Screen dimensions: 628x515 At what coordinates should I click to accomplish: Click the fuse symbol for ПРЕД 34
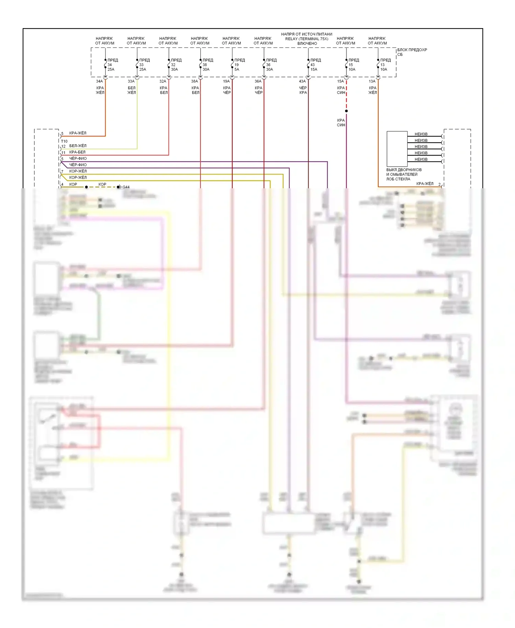click(x=105, y=65)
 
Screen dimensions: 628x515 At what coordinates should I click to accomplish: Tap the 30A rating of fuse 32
click(x=174, y=69)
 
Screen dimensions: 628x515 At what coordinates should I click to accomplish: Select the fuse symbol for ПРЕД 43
click(x=308, y=65)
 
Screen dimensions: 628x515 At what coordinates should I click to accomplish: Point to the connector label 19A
click(x=226, y=81)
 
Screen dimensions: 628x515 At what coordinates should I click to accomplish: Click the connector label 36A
click(x=258, y=81)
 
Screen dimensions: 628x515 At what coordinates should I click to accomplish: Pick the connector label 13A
click(x=372, y=81)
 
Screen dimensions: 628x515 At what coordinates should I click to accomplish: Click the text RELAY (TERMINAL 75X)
click(x=307, y=39)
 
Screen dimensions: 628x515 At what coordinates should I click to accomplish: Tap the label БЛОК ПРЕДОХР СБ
click(x=412, y=52)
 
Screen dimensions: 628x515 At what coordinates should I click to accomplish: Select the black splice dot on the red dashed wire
click(x=346, y=111)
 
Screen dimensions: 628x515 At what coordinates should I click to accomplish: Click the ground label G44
click(x=126, y=187)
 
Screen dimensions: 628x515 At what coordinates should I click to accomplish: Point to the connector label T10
click(x=64, y=141)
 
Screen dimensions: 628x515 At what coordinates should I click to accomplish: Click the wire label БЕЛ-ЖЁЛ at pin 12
click(x=78, y=146)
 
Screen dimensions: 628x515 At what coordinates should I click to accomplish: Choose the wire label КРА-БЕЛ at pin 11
click(x=77, y=152)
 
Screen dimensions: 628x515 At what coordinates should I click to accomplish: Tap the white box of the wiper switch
click(x=397, y=149)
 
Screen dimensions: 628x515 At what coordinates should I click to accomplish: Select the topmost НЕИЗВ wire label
click(x=421, y=134)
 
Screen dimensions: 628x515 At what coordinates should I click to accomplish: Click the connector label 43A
click(x=302, y=81)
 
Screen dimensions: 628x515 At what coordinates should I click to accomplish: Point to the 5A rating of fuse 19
click(x=237, y=69)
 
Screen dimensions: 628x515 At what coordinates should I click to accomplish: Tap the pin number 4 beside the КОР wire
click(x=62, y=184)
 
